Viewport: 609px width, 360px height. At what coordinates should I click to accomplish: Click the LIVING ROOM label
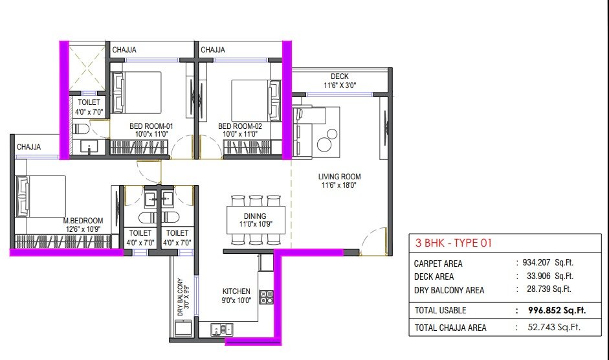point(340,177)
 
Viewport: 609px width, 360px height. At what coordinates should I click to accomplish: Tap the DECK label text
point(340,76)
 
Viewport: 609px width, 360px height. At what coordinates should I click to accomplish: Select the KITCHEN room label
point(236,291)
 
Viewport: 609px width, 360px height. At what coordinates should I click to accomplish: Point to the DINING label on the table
point(255,216)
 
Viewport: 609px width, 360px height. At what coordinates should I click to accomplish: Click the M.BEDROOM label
point(83,221)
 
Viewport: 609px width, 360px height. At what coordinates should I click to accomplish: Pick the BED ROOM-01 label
point(151,126)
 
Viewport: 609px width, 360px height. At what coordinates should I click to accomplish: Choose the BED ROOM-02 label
point(240,126)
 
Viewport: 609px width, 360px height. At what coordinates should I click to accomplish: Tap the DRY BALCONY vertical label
point(180,297)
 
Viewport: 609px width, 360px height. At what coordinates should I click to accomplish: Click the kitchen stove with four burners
point(267,297)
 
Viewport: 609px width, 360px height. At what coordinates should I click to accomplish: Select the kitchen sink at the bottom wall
point(222,330)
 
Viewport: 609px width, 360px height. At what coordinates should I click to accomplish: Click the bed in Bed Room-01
point(137,93)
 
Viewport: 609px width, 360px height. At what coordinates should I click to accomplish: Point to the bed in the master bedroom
point(41,196)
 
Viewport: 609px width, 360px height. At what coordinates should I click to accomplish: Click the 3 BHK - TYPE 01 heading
point(454,243)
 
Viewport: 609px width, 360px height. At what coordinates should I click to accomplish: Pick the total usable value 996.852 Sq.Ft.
point(557,310)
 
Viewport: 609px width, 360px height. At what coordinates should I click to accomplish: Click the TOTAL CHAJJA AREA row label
point(450,328)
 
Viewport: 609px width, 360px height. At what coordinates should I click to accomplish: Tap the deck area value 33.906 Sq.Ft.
point(550,276)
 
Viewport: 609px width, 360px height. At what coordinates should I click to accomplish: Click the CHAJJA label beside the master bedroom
point(28,147)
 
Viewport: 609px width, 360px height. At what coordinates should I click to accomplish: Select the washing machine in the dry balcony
point(183,328)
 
